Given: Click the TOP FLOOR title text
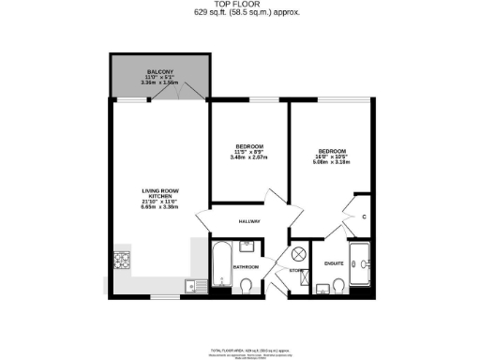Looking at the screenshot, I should (x=240, y=5).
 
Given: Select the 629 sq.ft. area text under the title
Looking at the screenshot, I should (x=240, y=13).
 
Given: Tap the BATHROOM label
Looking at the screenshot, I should (x=246, y=266).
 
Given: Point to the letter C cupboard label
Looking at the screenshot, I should (x=362, y=217).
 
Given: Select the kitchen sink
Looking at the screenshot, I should (x=191, y=286).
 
